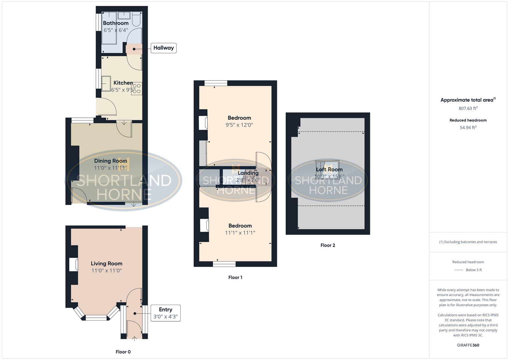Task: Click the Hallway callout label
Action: click(163, 48)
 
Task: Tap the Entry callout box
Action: click(165, 313)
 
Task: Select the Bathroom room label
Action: click(116, 23)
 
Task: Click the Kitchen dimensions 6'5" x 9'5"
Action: click(123, 90)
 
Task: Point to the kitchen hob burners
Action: click(137, 88)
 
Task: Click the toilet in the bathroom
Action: click(136, 20)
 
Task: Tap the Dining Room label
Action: click(110, 161)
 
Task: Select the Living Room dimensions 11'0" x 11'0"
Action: click(106, 271)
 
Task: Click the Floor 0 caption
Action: click(123, 352)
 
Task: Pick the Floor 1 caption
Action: click(235, 277)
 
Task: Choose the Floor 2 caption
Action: click(328, 245)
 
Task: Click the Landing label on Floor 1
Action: click(248, 173)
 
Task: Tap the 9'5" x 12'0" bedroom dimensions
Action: click(239, 125)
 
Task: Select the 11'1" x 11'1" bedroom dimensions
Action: click(240, 233)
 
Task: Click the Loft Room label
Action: click(329, 170)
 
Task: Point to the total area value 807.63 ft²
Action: click(468, 108)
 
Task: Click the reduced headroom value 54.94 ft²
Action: click(468, 127)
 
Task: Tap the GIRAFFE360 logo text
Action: click(468, 345)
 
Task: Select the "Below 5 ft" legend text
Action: click(474, 270)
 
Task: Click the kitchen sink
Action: click(106, 83)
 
